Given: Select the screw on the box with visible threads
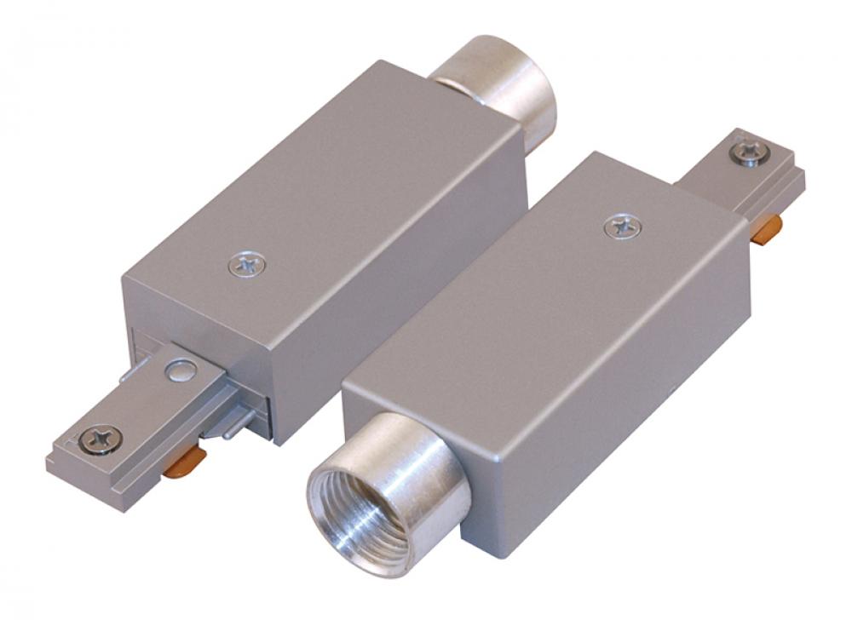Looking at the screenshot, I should click(x=623, y=227).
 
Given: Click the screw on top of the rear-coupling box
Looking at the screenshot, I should click(x=246, y=265).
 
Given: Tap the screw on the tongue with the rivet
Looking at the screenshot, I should click(x=100, y=440).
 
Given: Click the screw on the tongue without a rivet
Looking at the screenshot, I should click(x=748, y=152).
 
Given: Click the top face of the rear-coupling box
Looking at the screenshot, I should click(x=324, y=196).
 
